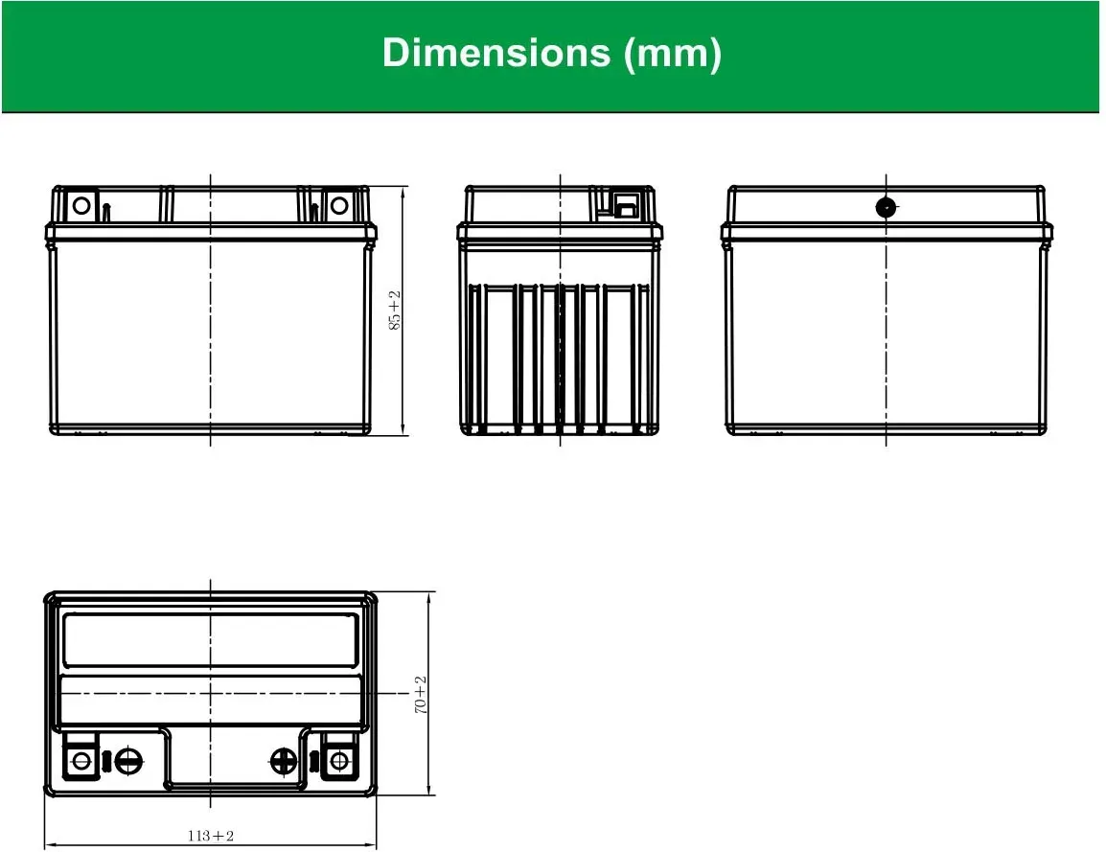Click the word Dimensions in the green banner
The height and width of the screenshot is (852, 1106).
[495, 53]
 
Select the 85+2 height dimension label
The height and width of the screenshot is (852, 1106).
[394, 311]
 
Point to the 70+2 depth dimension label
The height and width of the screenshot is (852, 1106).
[421, 695]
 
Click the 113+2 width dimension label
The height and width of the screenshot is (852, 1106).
[210, 836]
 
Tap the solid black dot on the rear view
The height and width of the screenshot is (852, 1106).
[886, 207]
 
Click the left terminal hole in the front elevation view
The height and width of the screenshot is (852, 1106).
[81, 205]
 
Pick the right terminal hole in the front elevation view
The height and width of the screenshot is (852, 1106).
[339, 205]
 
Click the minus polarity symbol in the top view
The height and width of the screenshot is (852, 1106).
[128, 761]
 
